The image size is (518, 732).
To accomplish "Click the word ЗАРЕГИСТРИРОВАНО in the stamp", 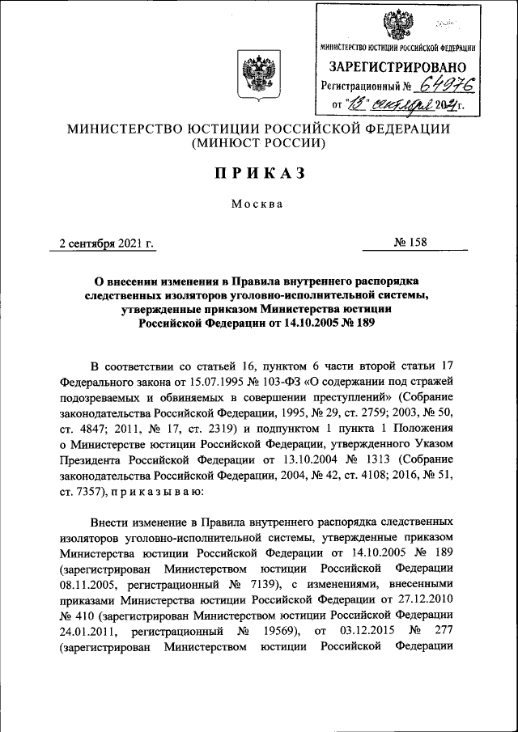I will coord(397,66).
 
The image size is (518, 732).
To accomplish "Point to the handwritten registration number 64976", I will coord(447,85).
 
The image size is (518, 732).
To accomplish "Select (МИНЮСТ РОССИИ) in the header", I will coord(258,144).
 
